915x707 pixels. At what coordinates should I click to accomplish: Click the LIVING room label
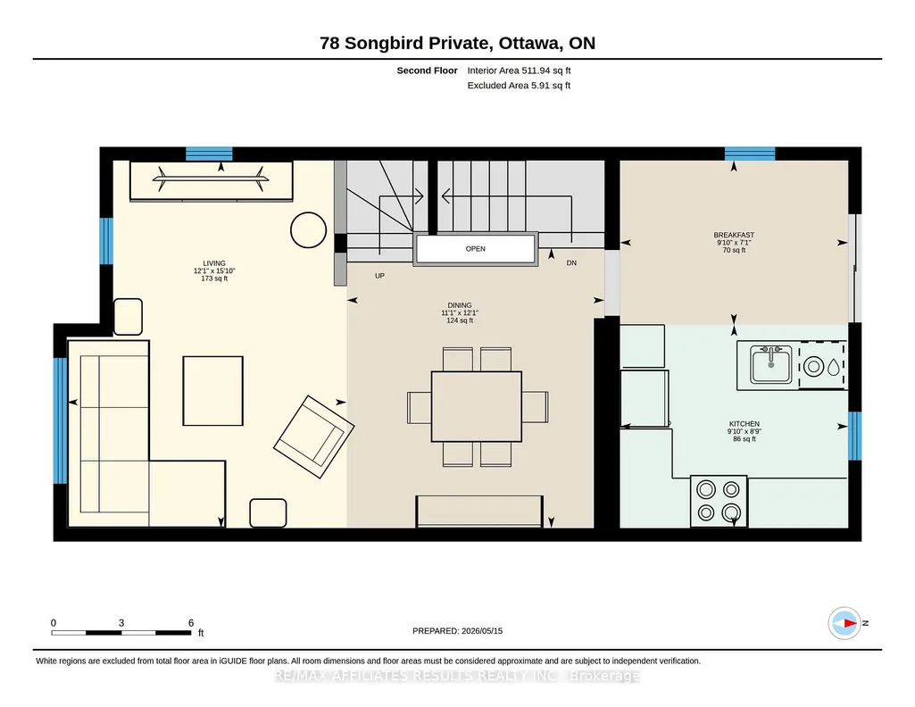pyautogui.click(x=214, y=263)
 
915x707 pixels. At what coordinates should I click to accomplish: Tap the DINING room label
pyautogui.click(x=459, y=305)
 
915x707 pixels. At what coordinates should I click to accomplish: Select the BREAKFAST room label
pyautogui.click(x=734, y=235)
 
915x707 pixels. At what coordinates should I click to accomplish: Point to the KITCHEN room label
pyautogui.click(x=744, y=424)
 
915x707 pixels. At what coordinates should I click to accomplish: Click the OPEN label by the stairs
pyautogui.click(x=476, y=248)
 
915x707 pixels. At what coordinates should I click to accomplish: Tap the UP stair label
pyautogui.click(x=380, y=276)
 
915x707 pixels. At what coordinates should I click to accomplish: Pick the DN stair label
pyautogui.click(x=571, y=263)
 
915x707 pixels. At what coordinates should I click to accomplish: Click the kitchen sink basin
pyautogui.click(x=771, y=365)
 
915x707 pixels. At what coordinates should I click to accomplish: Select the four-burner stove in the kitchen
pyautogui.click(x=719, y=501)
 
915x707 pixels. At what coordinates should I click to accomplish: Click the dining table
pyautogui.click(x=476, y=406)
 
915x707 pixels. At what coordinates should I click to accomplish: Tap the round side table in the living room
pyautogui.click(x=308, y=229)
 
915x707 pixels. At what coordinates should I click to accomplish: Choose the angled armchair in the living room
pyautogui.click(x=314, y=437)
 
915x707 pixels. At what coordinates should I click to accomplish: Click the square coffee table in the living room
pyautogui.click(x=213, y=391)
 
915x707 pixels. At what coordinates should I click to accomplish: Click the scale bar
pyautogui.click(x=121, y=632)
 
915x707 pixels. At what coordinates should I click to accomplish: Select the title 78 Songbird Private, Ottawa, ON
pyautogui.click(x=457, y=43)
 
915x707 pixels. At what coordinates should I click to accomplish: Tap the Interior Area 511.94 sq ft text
pyautogui.click(x=519, y=71)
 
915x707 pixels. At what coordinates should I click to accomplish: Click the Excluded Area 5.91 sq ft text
pyautogui.click(x=519, y=85)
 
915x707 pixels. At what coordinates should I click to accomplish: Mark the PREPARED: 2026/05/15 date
pyautogui.click(x=457, y=630)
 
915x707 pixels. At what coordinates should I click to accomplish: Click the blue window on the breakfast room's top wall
pyautogui.click(x=750, y=154)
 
